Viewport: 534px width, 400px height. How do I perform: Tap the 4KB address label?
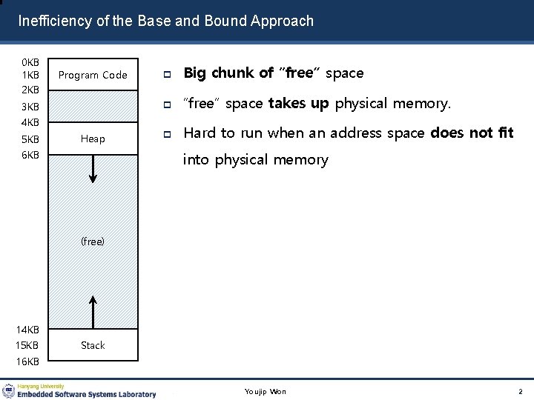point(30,122)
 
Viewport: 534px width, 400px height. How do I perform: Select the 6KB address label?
point(30,155)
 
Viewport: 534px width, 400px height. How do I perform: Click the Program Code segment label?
point(93,75)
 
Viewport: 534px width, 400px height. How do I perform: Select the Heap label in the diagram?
point(93,139)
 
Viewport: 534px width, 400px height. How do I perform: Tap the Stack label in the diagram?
point(93,345)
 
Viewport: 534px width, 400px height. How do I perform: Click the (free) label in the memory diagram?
point(93,241)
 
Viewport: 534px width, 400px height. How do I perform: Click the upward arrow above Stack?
point(93,311)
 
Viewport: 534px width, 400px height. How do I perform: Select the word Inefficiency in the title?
point(56,21)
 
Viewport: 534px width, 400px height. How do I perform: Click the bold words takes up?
point(298,103)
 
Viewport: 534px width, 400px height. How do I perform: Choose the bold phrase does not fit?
point(472,133)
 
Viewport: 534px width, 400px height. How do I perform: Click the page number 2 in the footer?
point(521,391)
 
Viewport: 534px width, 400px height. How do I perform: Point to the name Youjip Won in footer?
point(266,391)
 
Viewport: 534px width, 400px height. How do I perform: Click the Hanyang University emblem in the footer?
point(9,390)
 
